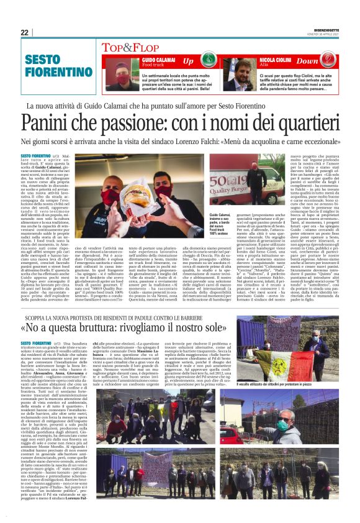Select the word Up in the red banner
pyautogui.click(x=189, y=61)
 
